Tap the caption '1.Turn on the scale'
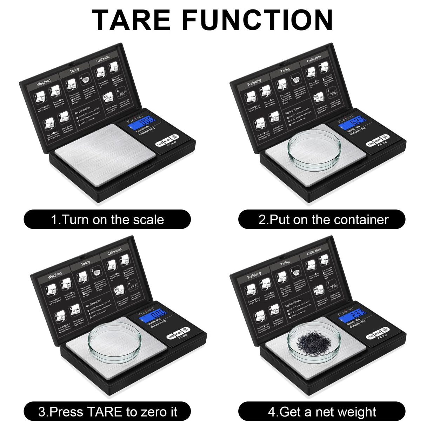pyautogui.click(x=107, y=220)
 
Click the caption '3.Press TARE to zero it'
pyautogui.click(x=107, y=412)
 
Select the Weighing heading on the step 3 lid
pyautogui.click(x=54, y=274)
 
